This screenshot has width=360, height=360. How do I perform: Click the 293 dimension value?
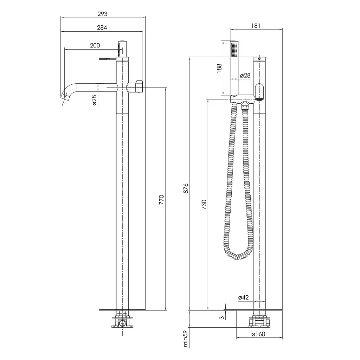[x=102, y=14]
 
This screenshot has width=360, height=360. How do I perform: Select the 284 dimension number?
[x=102, y=28]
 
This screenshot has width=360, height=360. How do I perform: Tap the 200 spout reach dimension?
[x=95, y=45]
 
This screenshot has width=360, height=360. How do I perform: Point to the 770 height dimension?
[x=162, y=200]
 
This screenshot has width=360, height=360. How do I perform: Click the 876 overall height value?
[x=186, y=188]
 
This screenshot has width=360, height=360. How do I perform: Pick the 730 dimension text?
[x=204, y=205]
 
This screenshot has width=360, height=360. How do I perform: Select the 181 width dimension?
[x=256, y=26]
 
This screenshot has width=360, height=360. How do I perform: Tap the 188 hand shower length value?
[x=219, y=69]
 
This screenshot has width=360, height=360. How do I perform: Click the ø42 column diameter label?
[x=243, y=297]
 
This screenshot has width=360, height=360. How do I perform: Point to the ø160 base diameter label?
[x=258, y=334]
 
